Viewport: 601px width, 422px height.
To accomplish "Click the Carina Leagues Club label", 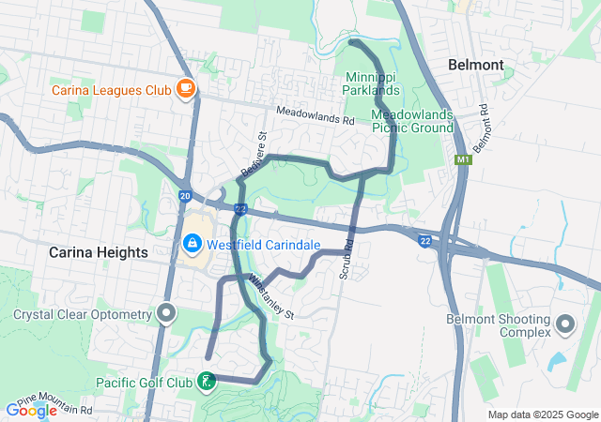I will (111, 90).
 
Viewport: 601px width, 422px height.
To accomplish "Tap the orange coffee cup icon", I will (186, 89).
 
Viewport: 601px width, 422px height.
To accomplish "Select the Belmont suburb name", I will (476, 65).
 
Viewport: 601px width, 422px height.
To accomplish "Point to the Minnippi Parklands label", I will (373, 83).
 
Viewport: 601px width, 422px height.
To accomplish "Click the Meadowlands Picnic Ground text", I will (413, 120).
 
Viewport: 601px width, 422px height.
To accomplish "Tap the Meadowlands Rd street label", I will (315, 116).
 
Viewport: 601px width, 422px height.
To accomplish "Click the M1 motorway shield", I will (460, 160).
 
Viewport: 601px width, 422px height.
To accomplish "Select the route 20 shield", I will (185, 195).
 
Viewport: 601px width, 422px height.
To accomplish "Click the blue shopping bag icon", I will (193, 245).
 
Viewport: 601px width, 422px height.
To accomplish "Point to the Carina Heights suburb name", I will (99, 252).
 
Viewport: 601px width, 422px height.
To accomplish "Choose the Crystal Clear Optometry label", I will (82, 314).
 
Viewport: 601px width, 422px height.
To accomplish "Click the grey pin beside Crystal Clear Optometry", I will (166, 312).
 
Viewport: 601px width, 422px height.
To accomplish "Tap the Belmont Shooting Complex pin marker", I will (565, 324).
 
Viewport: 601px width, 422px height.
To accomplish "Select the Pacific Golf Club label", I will (145, 383).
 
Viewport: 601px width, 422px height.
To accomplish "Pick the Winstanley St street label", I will (273, 296).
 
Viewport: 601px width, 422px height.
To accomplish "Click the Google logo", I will (32, 410).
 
